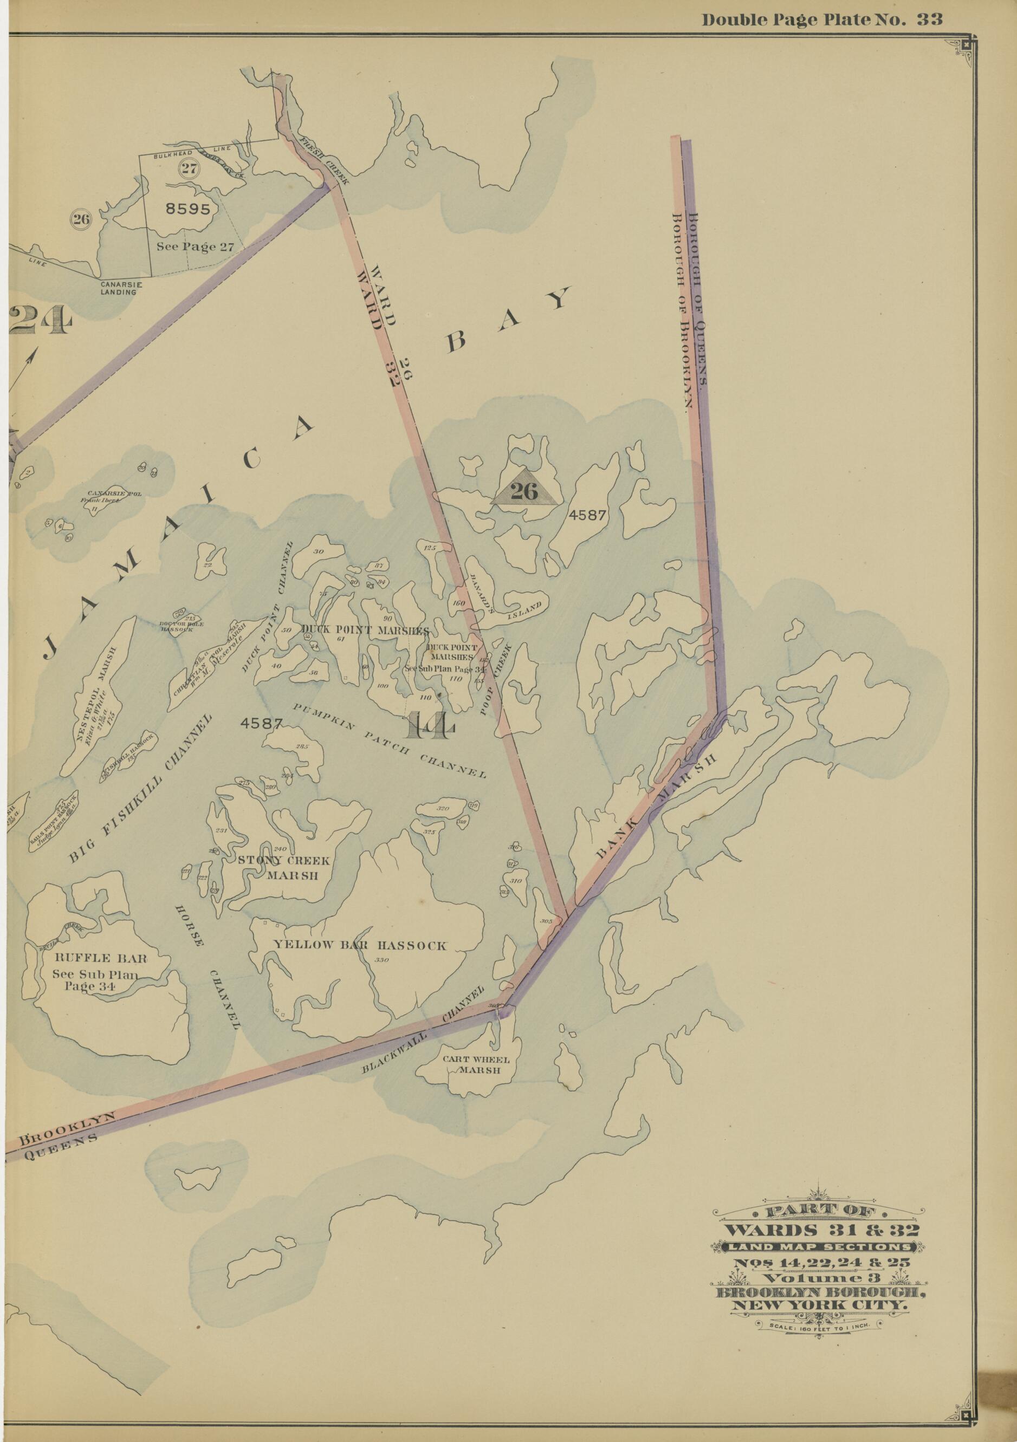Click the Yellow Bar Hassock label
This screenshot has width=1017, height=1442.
click(x=359, y=945)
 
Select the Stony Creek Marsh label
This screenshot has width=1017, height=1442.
click(x=283, y=867)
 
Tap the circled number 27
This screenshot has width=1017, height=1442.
click(x=189, y=168)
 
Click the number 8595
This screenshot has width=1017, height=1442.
click(x=188, y=209)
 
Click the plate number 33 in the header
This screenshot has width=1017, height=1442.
click(x=929, y=19)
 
